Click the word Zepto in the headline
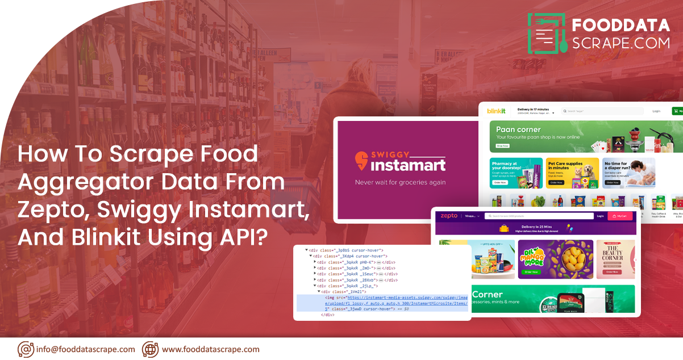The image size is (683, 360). click(52, 210)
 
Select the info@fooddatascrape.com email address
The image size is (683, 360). click(85, 349)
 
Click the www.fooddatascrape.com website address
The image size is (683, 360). click(210, 349)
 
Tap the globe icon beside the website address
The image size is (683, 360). click(150, 349)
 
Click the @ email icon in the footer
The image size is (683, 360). click(26, 349)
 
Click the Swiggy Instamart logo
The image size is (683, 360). click(400, 161)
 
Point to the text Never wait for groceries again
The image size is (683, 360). click(400, 182)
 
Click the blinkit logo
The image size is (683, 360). click(496, 111)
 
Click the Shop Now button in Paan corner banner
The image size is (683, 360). click(503, 146)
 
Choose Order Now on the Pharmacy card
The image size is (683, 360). click(500, 183)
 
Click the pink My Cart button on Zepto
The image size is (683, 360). click(620, 216)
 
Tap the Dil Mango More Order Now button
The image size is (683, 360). click(531, 272)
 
